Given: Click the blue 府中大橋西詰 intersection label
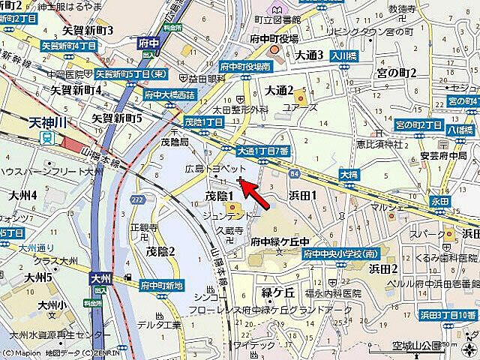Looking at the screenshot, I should click(169, 95).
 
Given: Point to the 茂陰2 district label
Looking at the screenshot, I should click(160, 251).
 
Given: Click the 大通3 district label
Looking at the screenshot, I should click(308, 55).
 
